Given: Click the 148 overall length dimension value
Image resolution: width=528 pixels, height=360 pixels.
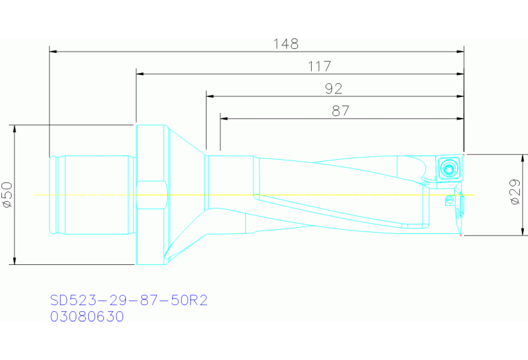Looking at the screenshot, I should tap(285, 44).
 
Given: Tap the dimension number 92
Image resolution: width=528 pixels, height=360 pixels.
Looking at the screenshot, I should tap(333, 89).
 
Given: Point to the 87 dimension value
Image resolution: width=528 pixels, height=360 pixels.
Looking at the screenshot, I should tap(340, 111).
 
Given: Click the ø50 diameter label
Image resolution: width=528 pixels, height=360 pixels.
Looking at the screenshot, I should tap(8, 195).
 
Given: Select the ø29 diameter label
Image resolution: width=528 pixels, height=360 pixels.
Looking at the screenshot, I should tap(514, 194).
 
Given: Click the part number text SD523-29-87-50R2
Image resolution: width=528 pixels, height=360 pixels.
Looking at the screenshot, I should tap(129, 301).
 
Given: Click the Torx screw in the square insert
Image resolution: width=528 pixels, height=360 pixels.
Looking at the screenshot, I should tap(450, 167).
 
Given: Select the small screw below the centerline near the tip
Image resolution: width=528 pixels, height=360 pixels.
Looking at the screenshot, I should tap(451, 200).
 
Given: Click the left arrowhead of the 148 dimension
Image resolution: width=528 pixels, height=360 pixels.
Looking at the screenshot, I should tap(53, 51).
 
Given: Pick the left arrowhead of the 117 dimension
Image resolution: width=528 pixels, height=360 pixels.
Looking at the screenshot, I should tap(140, 74).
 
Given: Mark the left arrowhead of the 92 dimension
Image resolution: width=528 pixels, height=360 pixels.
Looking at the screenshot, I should tap(209, 96).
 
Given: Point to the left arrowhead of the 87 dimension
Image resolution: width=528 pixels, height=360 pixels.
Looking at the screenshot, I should tap(224, 118).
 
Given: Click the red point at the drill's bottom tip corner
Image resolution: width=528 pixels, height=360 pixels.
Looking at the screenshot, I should tap(461, 235).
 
